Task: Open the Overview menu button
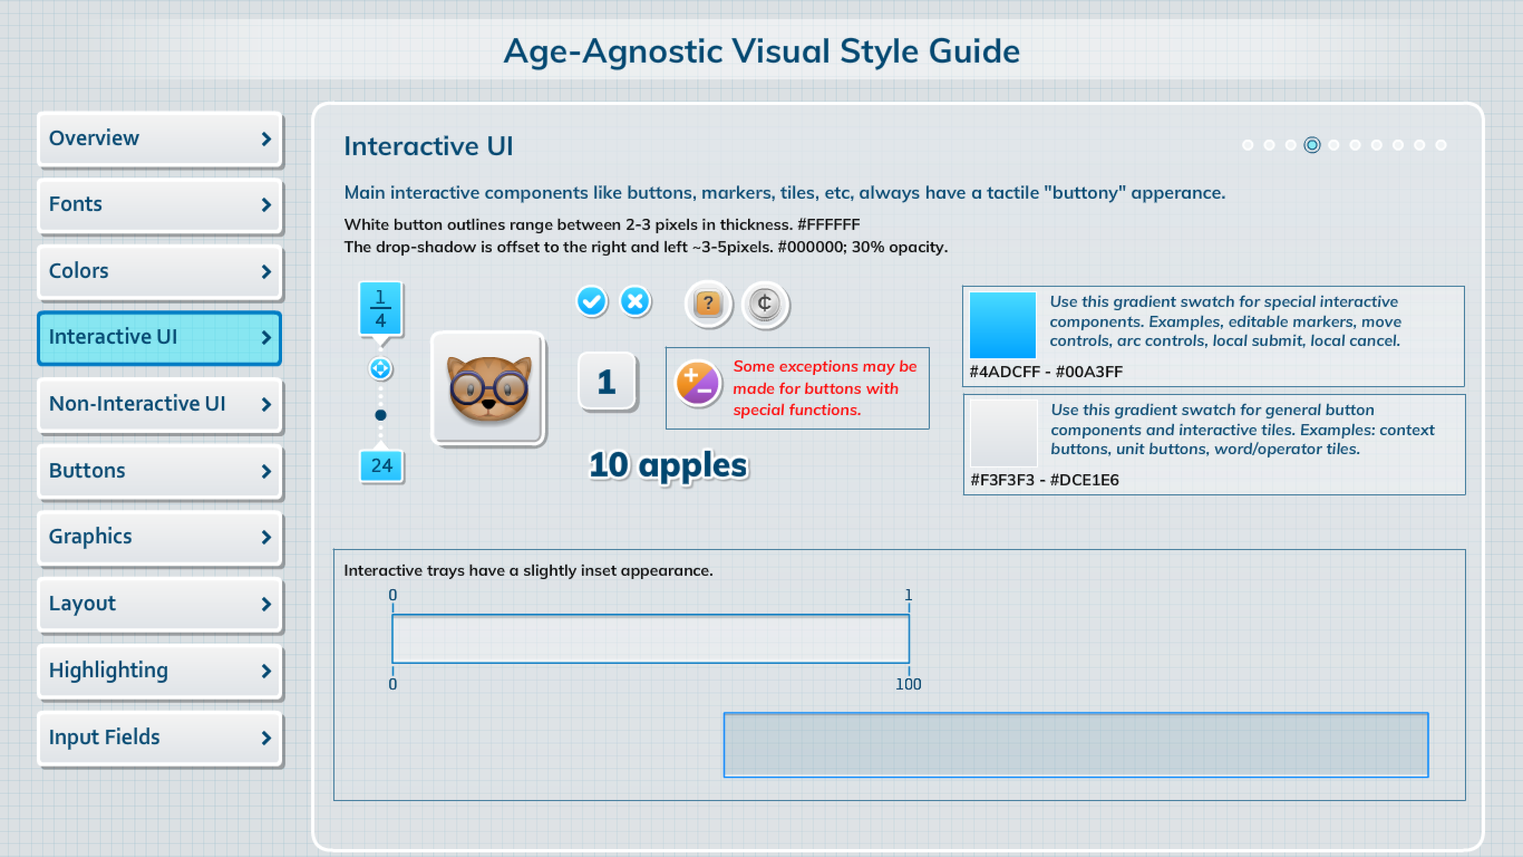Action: [x=160, y=138]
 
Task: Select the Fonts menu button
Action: [x=160, y=205]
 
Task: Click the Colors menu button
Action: [x=160, y=271]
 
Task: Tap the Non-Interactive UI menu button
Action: [x=160, y=404]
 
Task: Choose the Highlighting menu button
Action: [x=160, y=670]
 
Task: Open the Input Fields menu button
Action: [x=160, y=738]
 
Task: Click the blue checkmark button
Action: [x=591, y=302]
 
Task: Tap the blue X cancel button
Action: [x=635, y=302]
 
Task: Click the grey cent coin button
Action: [x=765, y=304]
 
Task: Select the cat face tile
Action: [x=488, y=388]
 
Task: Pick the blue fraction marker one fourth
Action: [x=381, y=308]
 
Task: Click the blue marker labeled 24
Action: [x=382, y=466]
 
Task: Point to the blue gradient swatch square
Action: [x=1002, y=325]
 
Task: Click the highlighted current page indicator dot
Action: [x=1312, y=145]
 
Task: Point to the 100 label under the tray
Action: [x=908, y=685]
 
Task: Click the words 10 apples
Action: [x=668, y=466]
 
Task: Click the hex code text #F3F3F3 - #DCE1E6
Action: [x=1044, y=480]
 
